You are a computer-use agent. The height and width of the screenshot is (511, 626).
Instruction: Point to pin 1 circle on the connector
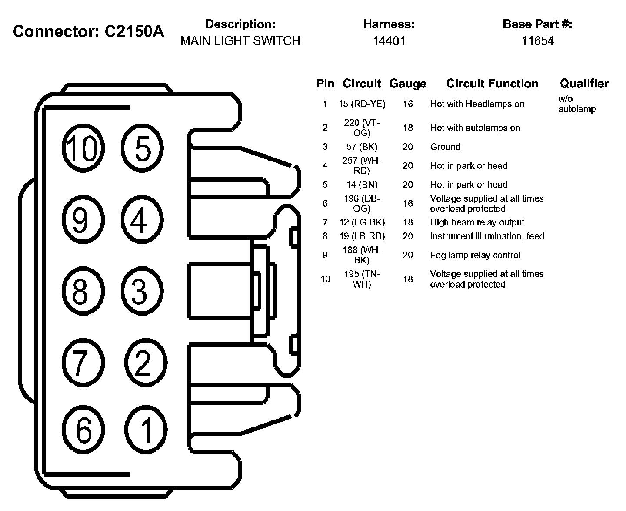tap(146, 429)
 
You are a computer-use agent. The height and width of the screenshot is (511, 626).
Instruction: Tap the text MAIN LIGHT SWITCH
tap(240, 41)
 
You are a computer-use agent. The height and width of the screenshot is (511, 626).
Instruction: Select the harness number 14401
tap(389, 41)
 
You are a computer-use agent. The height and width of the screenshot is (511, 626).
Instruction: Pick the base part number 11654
tap(537, 41)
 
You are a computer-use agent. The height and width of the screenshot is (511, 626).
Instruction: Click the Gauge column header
tap(408, 84)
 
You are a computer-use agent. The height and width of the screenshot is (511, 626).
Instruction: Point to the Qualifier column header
tap(584, 84)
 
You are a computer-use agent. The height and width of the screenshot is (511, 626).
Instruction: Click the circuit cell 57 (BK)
tap(362, 147)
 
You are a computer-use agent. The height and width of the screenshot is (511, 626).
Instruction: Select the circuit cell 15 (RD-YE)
tap(362, 104)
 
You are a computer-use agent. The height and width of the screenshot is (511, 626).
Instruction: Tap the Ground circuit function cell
tap(445, 147)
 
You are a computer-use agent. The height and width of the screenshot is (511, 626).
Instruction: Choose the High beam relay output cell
tap(477, 222)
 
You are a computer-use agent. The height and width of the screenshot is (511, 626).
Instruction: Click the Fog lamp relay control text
tap(475, 255)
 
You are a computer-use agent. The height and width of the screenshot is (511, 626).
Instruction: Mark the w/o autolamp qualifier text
tap(576, 104)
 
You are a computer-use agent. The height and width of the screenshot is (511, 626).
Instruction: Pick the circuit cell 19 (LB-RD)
tap(362, 236)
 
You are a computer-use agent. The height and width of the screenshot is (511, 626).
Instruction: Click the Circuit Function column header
tap(492, 84)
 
